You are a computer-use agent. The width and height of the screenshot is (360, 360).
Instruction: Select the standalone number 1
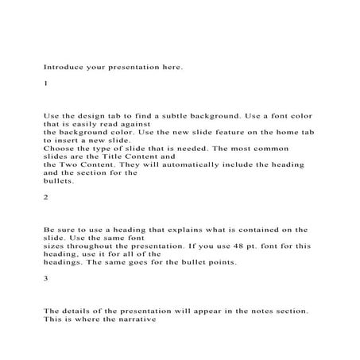(46, 83)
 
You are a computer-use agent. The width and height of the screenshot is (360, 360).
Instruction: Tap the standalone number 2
(46, 195)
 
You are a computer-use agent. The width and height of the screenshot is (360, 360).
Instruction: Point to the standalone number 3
(46, 278)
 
